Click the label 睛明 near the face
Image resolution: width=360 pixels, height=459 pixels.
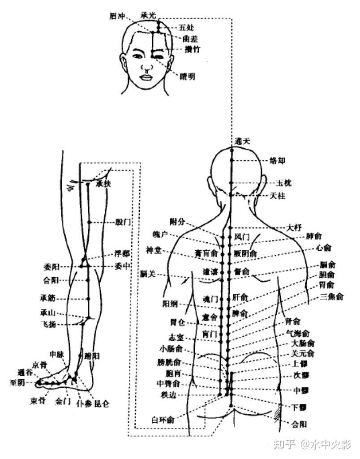coord(187,76)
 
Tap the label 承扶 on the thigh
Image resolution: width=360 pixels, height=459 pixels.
coord(103,183)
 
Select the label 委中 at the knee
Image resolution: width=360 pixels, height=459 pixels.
coord(122,266)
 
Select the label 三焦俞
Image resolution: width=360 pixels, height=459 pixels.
coord(332,296)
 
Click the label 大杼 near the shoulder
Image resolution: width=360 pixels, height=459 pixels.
coord(294,227)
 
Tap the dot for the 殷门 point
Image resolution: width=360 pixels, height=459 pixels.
coord(89,222)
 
